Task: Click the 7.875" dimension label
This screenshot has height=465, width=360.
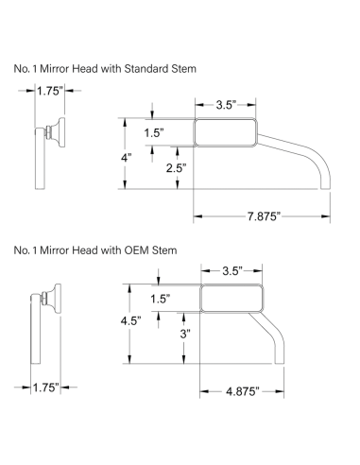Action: click(264, 216)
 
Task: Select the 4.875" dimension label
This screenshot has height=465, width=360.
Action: click(243, 391)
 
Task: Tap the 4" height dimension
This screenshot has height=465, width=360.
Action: click(126, 158)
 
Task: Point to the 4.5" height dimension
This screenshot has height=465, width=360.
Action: click(130, 321)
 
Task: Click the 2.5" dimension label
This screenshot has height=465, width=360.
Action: click(177, 168)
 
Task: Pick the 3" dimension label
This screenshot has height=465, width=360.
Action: click(185, 334)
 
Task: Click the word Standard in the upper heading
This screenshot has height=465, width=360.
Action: click(146, 68)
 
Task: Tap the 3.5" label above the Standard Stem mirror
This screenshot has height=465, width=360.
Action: click(226, 105)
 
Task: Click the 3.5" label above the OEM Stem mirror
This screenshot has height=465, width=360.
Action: click(232, 270)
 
